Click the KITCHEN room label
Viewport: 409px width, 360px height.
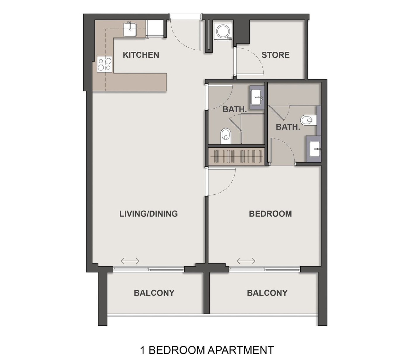coord(141,55)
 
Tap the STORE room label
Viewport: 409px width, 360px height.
coord(275,55)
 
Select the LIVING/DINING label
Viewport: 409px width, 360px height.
coord(148,214)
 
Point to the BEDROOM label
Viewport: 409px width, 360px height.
coord(270,214)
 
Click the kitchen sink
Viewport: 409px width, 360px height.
coord(130,30)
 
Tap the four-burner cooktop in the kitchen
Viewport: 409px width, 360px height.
coord(105,64)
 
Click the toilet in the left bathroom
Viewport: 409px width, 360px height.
coord(226,136)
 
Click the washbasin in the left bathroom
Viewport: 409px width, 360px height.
coord(256,98)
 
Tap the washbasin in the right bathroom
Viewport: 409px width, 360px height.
coord(315,149)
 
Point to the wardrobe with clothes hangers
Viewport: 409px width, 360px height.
coord(236,156)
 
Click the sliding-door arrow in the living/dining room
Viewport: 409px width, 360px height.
coord(130,261)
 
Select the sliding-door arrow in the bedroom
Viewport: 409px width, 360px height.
coord(246,261)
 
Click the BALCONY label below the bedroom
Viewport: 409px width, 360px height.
coord(267,293)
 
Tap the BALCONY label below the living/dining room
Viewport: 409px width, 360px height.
coord(154,293)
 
